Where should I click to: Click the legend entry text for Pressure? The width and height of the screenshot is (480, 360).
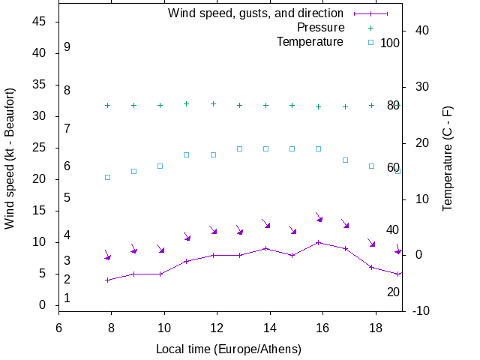321,27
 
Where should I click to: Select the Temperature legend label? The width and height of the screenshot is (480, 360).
310,41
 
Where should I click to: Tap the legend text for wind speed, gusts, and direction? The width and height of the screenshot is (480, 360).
256,13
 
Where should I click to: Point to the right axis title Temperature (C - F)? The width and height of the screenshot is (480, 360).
447,158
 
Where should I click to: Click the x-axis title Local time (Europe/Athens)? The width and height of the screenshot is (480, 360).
229,349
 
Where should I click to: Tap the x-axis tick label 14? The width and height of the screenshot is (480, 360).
268,326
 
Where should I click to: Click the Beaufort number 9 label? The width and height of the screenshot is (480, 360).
67,47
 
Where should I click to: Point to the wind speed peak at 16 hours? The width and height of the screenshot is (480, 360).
319,242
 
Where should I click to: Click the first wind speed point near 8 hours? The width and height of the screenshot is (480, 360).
107,280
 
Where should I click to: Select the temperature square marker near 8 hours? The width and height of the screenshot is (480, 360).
107,177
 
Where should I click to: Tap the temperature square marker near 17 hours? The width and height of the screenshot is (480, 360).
345,160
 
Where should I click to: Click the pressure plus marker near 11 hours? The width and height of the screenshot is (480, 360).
187,104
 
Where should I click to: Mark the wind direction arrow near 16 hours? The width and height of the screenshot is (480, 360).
319,217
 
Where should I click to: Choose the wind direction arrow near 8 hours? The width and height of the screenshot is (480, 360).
107,255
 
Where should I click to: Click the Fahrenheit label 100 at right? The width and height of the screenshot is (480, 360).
390,43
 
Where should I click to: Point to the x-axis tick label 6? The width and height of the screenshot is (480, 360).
58,326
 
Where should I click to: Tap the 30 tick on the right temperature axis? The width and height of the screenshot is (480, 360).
418,86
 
